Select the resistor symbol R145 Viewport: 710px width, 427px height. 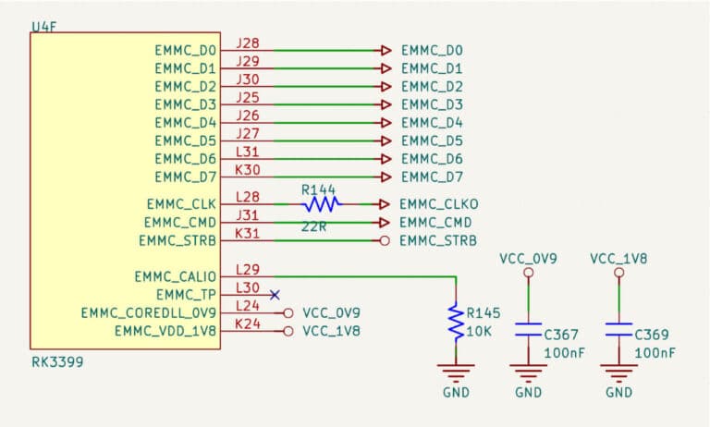tap(455, 321)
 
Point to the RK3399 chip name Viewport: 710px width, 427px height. tap(57, 362)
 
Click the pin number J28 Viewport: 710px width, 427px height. tap(248, 43)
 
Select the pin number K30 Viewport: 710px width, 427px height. tap(248, 169)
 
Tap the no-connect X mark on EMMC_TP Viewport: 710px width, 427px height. tap(275, 295)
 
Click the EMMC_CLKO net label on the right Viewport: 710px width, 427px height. tap(439, 204)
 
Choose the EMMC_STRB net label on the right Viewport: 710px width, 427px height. tap(439, 241)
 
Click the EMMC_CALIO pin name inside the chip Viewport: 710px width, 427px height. tap(175, 276)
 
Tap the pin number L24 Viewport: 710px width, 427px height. tap(248, 305)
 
